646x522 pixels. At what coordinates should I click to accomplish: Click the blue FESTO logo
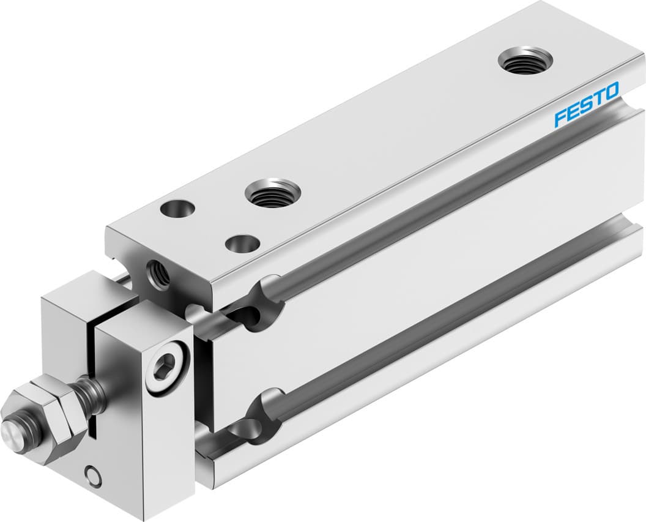coord(587,105)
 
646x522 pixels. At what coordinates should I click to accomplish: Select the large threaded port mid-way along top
coord(273,193)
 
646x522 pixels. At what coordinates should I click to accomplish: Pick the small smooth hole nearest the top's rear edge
coord(177,209)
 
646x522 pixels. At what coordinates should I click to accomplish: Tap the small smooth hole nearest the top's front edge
coord(242,243)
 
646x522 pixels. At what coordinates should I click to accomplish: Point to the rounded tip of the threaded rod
coord(10,432)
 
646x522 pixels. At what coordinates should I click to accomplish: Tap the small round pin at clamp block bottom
coord(93,475)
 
